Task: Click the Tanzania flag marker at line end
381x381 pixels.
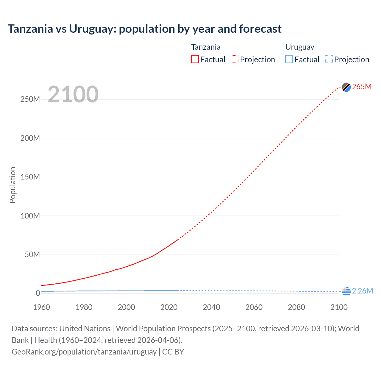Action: tap(346, 87)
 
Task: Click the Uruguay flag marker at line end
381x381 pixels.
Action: tap(346, 291)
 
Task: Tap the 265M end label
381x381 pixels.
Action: tap(362, 87)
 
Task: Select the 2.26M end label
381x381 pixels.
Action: tap(362, 291)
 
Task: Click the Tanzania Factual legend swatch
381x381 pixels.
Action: tap(195, 60)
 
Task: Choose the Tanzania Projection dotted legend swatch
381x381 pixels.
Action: tap(235, 60)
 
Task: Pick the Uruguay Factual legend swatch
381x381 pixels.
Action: tap(289, 60)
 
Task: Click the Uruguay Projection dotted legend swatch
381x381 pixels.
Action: tap(329, 60)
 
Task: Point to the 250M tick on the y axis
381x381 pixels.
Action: tap(30, 99)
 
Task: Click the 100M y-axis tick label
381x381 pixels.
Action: tap(30, 216)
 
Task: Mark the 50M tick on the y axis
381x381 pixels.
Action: tap(32, 254)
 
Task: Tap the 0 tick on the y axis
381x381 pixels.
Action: tap(38, 293)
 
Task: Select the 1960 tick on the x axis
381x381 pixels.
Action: tap(41, 307)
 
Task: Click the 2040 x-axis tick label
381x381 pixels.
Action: tap(211, 307)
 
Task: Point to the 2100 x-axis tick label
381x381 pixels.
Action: tap(339, 307)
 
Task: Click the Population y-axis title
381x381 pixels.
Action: tap(13, 185)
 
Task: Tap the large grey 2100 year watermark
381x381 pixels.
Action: tap(73, 94)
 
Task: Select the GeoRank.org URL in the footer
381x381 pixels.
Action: tap(84, 352)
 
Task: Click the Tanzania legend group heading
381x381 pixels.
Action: tap(206, 47)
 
